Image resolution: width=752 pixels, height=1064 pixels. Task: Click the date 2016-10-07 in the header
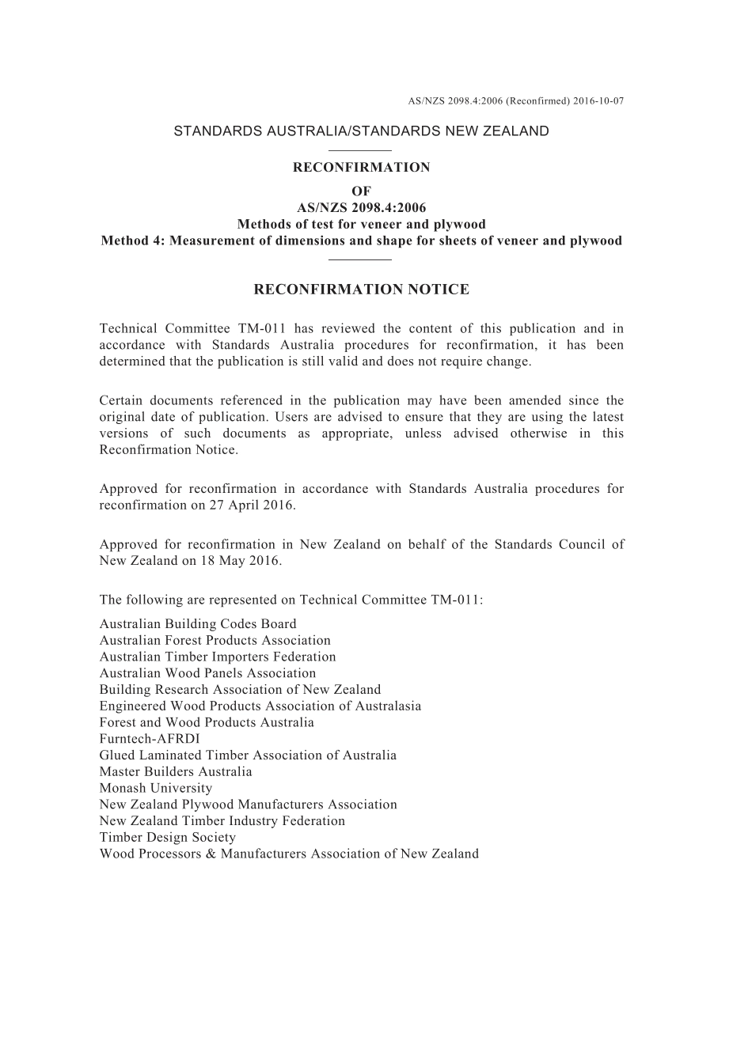point(598,101)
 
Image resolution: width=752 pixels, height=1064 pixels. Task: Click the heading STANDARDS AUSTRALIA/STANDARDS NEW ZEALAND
point(361,131)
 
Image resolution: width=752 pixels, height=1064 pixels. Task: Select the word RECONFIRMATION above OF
point(362,168)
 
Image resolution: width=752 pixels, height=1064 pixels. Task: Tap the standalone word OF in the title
point(361,191)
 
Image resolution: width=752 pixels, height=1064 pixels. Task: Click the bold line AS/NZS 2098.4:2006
point(361,208)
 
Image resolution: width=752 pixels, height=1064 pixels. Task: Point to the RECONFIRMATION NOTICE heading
point(361,290)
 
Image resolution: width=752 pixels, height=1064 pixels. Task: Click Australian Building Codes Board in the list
point(198,624)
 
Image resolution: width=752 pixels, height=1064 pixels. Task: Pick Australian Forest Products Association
point(215,641)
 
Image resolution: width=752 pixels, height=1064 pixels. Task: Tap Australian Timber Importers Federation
point(218,657)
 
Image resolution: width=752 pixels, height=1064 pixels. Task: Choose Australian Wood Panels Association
point(207,673)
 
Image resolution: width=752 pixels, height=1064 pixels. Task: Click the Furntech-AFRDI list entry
point(150,739)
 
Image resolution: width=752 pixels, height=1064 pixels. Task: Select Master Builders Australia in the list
point(176,772)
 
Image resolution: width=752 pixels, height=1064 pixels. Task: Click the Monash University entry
point(156,788)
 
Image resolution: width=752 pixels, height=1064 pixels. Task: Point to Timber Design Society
point(168,837)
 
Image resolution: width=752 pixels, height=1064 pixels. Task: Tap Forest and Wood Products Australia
point(207,722)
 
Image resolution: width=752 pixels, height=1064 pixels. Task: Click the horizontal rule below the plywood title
point(360,259)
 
